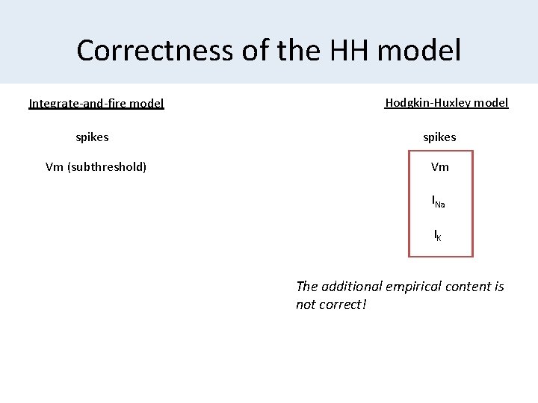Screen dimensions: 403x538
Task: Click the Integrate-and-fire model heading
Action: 96,104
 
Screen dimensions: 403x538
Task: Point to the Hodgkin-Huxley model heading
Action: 447,103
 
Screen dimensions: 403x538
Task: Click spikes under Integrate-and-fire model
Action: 92,137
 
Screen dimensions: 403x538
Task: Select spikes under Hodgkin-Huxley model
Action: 439,137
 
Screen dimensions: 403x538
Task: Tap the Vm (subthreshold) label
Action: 96,166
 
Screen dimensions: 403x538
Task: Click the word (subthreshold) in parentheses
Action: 107,166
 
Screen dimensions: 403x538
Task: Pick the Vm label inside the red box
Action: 440,167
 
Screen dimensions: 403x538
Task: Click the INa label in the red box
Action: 439,201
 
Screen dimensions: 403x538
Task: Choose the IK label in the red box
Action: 438,236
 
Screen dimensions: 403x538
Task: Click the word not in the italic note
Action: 306,304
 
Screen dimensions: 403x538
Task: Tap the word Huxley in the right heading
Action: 456,103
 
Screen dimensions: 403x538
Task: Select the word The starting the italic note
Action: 307,287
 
